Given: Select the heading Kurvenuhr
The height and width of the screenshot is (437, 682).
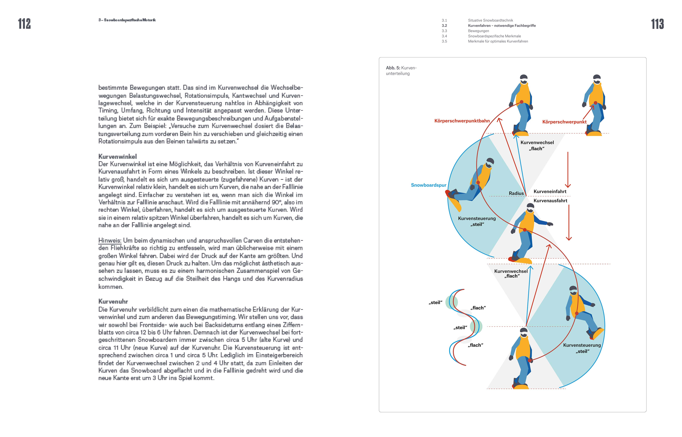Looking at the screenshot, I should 113,301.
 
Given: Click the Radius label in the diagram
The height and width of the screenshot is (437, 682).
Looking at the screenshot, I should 516,193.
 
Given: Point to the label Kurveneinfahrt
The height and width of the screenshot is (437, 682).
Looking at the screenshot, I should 550,191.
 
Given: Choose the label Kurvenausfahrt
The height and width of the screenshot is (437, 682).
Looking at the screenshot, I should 550,201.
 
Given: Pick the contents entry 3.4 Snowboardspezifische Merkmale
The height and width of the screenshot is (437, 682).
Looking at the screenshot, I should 494,36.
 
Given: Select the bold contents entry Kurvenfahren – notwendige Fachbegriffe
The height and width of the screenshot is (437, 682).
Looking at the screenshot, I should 502,26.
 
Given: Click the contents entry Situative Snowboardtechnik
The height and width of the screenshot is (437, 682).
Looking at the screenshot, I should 490,20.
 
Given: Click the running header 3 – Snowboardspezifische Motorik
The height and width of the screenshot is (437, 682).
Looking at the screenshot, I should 127,20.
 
